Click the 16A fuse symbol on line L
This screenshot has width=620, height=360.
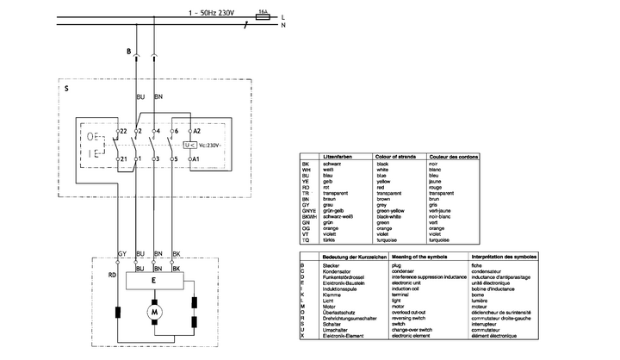263,15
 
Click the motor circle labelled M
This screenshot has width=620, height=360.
156,308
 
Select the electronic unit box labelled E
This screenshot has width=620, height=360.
154,278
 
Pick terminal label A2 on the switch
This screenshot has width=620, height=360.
195,130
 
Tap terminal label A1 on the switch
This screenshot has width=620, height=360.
195,159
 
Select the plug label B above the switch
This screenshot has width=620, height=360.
128,53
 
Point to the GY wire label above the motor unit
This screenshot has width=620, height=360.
122,255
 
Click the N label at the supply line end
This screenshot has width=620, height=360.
283,25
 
